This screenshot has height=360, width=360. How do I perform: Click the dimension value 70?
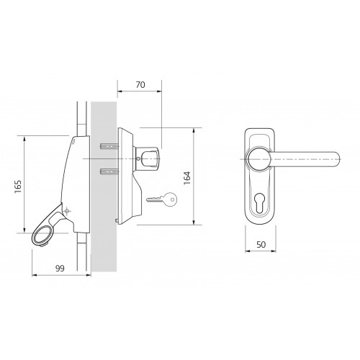point(140,85)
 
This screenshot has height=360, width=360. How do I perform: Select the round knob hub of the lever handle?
point(258,158)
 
